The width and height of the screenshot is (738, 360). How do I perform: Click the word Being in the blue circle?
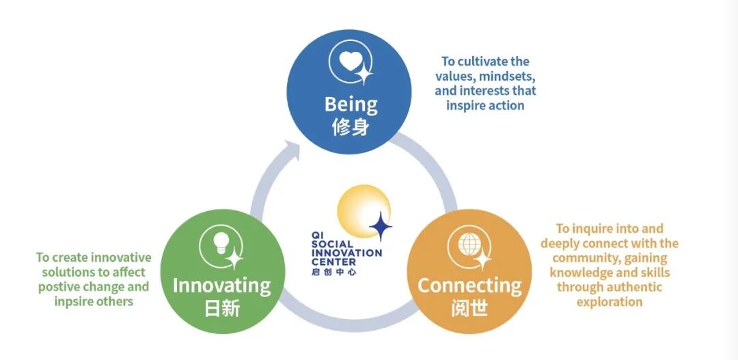351,105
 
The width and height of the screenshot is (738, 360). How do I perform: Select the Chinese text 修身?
351,127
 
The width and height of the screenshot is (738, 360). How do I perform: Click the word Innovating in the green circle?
221,285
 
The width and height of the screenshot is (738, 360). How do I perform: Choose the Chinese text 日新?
222,308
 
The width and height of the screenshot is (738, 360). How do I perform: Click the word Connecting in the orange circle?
469,285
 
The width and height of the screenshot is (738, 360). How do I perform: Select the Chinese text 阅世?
469,308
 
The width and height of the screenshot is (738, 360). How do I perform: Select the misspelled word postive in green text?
59,287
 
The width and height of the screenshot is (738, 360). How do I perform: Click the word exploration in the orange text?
610,301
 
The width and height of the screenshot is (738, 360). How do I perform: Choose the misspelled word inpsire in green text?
72,301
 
